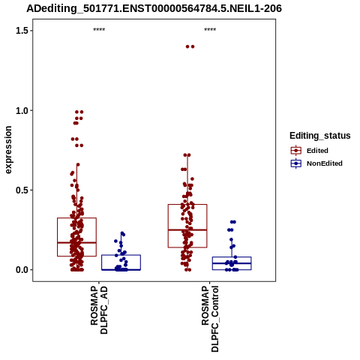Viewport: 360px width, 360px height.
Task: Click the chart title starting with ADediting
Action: [x=154, y=9]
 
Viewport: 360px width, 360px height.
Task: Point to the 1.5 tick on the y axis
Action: [x=21, y=31]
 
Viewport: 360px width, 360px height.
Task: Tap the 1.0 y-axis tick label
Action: [x=21, y=110]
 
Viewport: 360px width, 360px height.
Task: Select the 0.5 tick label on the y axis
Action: [x=21, y=190]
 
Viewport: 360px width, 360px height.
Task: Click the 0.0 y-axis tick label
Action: [x=21, y=270]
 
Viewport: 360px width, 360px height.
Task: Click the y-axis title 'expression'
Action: [x=8, y=150]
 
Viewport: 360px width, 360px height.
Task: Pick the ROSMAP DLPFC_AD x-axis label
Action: [x=99, y=310]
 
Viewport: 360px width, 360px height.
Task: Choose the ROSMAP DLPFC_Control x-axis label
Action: [x=210, y=319]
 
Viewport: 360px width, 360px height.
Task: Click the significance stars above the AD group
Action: [x=99, y=30]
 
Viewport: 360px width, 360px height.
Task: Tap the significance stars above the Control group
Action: [x=210, y=30]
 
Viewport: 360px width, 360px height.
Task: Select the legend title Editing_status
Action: [x=320, y=136]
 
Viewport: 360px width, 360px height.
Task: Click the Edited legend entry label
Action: [x=317, y=151]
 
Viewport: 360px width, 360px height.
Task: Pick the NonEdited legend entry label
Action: [x=325, y=163]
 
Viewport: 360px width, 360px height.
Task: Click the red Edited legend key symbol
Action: [x=296, y=151]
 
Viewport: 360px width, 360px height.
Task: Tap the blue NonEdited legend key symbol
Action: [x=296, y=163]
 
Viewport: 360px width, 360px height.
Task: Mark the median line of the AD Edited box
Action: [x=76, y=242]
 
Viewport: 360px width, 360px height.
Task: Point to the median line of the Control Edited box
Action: [x=187, y=229]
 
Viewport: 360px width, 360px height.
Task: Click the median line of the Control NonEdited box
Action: [x=232, y=263]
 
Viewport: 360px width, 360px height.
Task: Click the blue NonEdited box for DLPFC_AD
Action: [x=121, y=262]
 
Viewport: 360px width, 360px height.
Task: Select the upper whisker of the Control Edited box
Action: [x=187, y=180]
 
